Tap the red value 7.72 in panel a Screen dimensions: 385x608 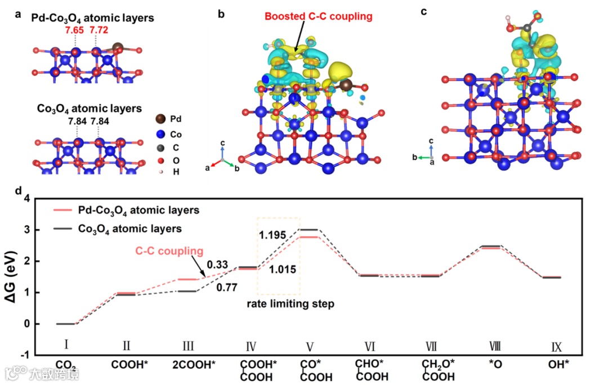click(98, 30)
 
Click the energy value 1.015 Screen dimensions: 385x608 click(283, 270)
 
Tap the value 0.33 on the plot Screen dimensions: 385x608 click(217, 264)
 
